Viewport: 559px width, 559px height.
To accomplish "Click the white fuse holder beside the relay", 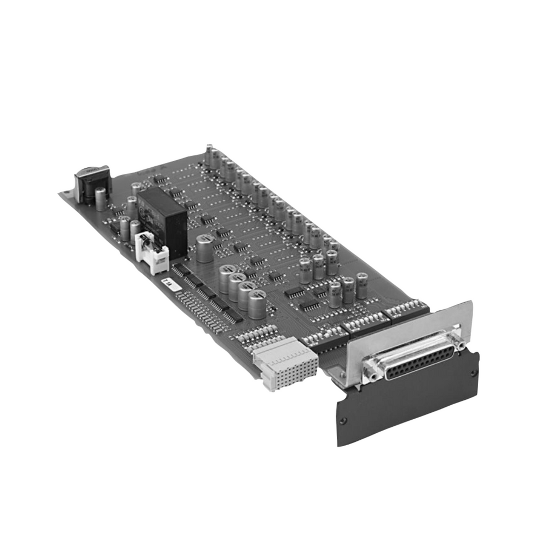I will pyautogui.click(x=153, y=252).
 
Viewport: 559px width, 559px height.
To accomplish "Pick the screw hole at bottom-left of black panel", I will pyautogui.click(x=343, y=421).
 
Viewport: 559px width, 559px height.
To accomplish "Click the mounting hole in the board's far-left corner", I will pyautogui.click(x=66, y=193).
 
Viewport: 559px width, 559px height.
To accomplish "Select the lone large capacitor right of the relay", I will pyautogui.click(x=204, y=249).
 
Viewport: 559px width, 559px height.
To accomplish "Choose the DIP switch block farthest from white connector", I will pyautogui.click(x=408, y=311).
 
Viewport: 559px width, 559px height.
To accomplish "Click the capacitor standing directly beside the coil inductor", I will pyautogui.click(x=100, y=199).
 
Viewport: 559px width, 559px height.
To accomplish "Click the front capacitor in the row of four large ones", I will pyautogui.click(x=257, y=304).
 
